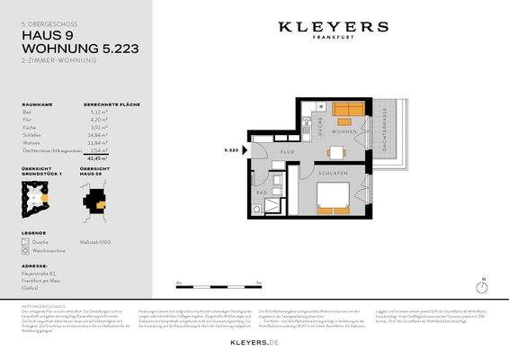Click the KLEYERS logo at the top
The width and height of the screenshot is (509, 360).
coord(332,29)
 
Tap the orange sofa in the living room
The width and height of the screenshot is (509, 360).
coord(347,112)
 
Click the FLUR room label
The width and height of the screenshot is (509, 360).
coord(287,152)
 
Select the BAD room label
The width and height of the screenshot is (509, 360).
coord(261,192)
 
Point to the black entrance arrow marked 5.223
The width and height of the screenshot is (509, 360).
coord(243,149)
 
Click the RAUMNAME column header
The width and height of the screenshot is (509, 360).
coord(37,105)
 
